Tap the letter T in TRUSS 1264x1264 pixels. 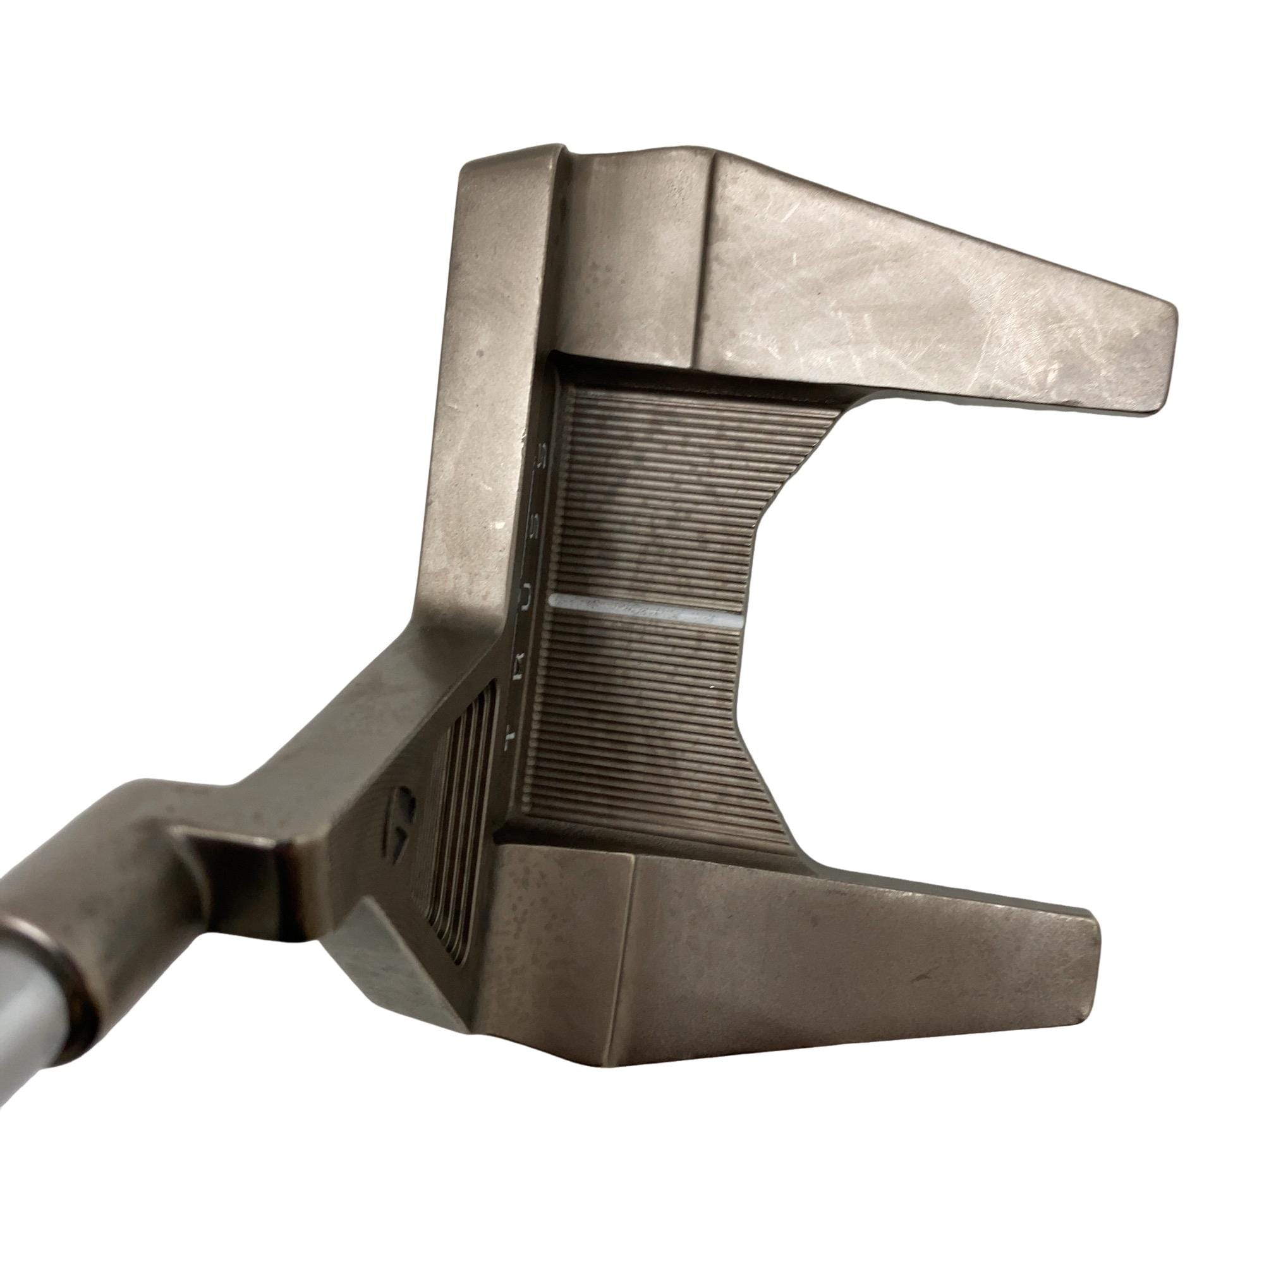tap(513, 736)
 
